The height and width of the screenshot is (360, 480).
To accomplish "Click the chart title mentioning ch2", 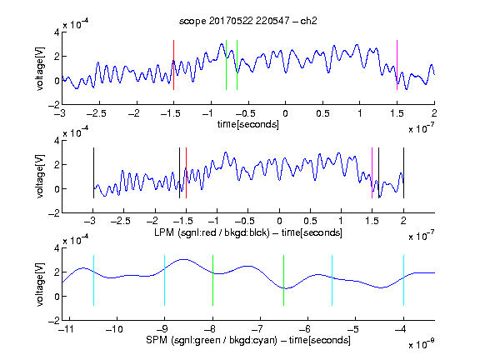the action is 248,21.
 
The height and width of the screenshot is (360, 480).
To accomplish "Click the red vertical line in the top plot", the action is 174,65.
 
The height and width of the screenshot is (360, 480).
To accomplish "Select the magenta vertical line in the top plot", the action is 397,65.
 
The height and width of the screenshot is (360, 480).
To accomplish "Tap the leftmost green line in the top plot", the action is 226,65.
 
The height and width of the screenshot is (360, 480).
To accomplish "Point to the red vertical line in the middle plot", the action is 186,173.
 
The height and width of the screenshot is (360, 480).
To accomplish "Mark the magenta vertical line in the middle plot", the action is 372,173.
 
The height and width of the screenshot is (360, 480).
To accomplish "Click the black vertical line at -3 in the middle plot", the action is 93,173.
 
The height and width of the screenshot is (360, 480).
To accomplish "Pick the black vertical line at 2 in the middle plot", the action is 404,173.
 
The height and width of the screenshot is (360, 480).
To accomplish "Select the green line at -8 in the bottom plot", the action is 212,280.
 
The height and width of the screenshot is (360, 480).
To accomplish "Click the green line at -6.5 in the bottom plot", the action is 284,280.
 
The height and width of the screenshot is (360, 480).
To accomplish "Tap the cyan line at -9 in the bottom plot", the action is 165,280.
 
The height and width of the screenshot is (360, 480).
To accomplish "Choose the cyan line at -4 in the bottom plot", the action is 404,280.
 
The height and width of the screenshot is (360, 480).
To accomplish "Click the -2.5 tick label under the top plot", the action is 97,114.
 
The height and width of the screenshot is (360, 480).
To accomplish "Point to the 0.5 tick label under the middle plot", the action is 311,221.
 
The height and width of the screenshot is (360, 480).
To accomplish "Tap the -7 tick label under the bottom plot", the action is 257,329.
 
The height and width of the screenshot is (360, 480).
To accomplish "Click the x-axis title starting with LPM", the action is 248,232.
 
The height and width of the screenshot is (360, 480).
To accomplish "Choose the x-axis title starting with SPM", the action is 248,340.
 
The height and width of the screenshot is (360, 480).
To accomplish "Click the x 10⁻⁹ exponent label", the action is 421,344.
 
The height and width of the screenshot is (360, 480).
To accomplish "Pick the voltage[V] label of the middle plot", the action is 40,177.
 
